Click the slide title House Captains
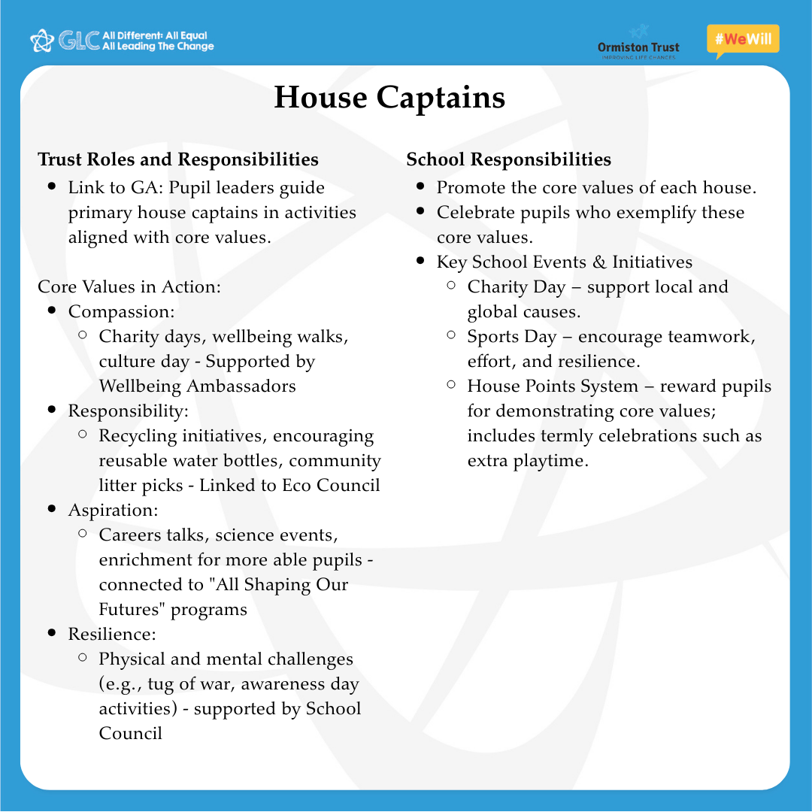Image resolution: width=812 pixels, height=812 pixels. point(389,98)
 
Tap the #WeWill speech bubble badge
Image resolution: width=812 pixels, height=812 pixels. point(743,40)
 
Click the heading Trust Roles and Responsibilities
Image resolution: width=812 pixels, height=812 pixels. point(178,159)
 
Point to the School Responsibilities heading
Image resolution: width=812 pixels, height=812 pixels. point(508,159)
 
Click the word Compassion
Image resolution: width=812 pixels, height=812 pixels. point(120,311)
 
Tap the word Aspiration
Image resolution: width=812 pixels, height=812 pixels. point(112,510)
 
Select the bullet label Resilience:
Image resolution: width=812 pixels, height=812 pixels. point(112,634)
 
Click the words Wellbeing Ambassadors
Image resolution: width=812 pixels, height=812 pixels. point(197,386)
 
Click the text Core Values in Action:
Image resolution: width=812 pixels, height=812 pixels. point(129,286)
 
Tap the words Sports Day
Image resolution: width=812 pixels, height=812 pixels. point(512,336)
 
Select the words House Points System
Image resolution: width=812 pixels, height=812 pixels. point(553,386)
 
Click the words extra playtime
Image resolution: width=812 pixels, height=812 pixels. point(526,460)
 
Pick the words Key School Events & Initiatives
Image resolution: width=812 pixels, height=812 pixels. point(565,262)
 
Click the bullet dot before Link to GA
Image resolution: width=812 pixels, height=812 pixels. point(52,186)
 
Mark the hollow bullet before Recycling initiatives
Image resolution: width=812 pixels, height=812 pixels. point(83,435)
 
